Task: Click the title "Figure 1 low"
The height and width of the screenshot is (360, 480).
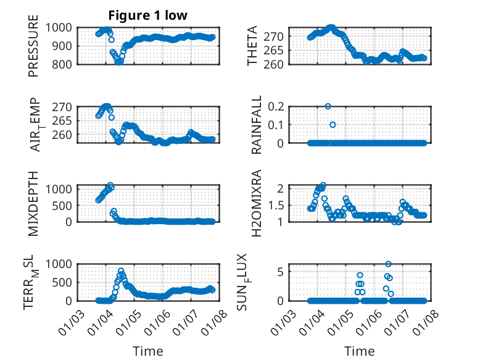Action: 148,15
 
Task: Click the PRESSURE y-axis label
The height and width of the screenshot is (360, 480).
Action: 34,50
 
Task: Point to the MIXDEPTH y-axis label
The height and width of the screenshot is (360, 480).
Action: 34,202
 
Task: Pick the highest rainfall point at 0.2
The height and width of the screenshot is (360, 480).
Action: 328,106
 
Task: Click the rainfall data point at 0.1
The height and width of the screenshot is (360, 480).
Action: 333,125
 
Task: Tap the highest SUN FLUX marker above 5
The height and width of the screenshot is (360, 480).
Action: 388,264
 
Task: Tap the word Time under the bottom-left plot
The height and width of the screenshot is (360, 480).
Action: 148,351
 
